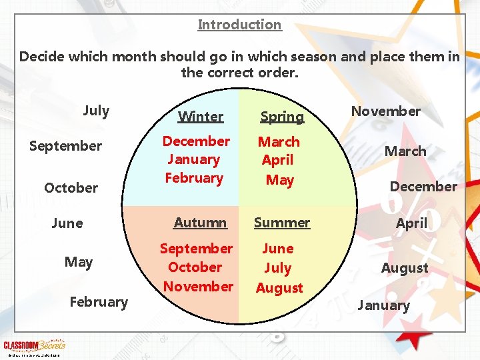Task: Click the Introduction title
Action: [239, 25]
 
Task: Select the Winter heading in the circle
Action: [201, 117]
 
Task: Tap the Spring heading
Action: [282, 117]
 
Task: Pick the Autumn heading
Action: [200, 223]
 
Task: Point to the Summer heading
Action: [282, 223]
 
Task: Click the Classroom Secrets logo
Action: [35, 345]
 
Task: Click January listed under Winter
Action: [194, 159]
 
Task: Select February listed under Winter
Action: [194, 178]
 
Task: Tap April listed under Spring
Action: [278, 160]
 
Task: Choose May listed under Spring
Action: [279, 180]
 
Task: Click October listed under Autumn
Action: [195, 267]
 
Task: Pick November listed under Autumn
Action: [198, 287]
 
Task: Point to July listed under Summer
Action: [278, 268]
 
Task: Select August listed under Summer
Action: [279, 288]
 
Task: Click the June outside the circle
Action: [67, 223]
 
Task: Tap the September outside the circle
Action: [66, 146]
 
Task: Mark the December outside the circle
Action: [423, 187]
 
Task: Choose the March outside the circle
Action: [405, 151]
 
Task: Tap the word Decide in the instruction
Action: [41, 57]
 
